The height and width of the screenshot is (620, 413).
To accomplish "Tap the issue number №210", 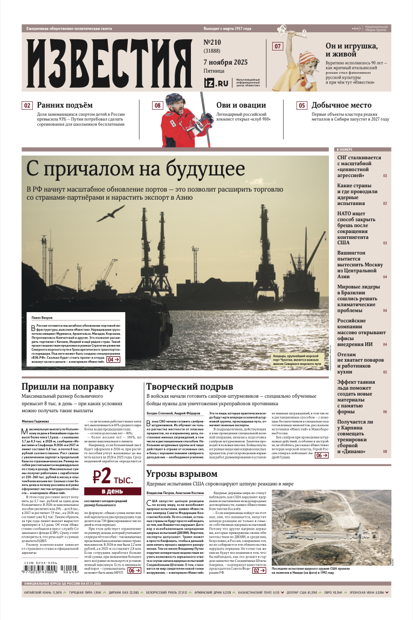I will [214, 42].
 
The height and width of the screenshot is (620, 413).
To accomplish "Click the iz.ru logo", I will [216, 83].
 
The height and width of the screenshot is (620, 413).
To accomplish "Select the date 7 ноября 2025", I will [225, 62].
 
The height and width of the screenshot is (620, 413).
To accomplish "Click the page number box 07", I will [278, 46].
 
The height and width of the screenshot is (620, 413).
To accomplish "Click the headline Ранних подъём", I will [65, 105].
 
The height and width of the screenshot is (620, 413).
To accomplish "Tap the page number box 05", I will [302, 105].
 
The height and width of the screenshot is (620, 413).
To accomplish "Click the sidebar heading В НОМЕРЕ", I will [345, 149].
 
